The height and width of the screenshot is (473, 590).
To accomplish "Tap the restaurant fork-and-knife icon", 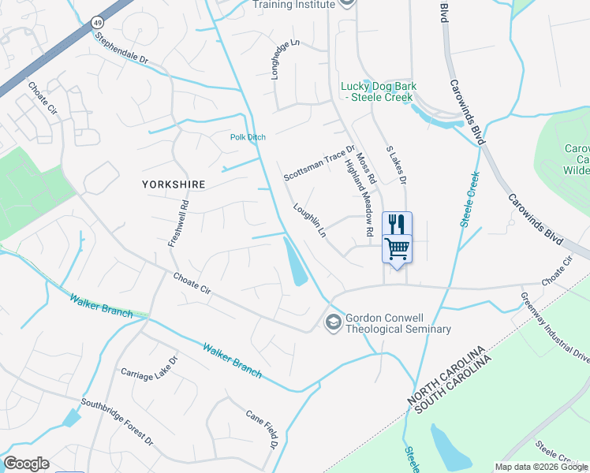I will pos(397,224).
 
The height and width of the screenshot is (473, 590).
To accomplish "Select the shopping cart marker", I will pos(397,248).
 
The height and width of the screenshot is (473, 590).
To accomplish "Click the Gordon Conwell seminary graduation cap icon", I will pos(333,322).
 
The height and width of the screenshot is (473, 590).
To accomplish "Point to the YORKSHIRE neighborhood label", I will pos(174,184).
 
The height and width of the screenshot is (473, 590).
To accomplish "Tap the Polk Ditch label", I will pos(248,137).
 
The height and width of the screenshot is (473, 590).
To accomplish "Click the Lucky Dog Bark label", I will pos(379,91).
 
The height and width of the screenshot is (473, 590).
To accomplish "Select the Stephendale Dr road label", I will pos(121,48).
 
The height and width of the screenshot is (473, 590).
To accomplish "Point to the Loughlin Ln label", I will pos(309,221).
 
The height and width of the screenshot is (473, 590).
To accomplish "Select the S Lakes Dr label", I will pos(395,165).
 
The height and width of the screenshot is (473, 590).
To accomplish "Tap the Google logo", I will pos(26,464).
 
